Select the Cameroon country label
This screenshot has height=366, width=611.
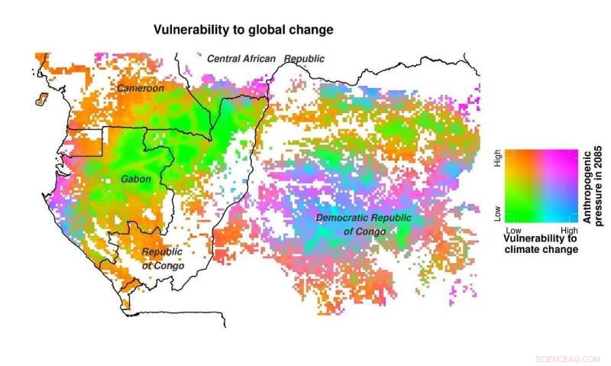(x=140, y=89)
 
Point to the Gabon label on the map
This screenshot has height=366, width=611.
(x=136, y=180)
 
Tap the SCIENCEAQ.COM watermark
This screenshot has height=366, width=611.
(x=568, y=358)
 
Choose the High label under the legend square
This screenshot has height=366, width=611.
(x=569, y=229)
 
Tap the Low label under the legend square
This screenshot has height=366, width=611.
(x=514, y=229)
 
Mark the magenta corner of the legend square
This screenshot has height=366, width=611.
(x=573, y=153)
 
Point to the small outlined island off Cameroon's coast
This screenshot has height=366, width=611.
(x=42, y=99)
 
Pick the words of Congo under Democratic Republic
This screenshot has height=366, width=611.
(x=364, y=232)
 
